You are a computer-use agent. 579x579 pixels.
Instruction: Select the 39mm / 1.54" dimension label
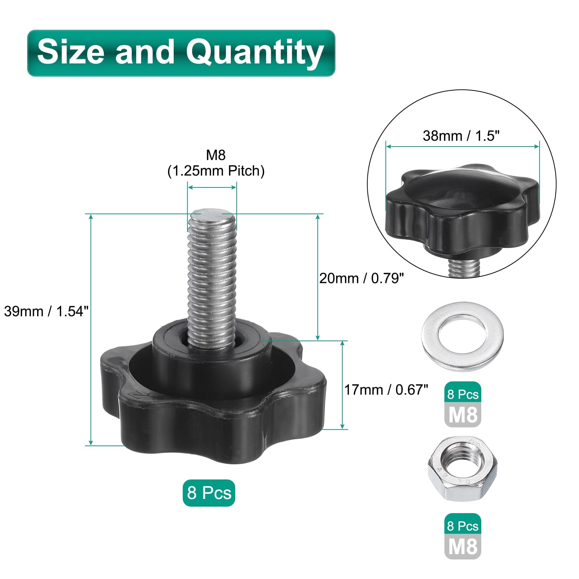coord(46,311)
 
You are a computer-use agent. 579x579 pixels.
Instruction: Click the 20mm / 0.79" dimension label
coord(361,278)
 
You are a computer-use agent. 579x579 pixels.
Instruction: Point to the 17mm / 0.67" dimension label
coord(386,390)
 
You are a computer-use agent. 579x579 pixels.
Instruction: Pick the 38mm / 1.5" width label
coord(461,136)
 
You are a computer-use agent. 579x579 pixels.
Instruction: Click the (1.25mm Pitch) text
coord(216,171)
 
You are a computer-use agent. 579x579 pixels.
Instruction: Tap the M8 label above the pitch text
coord(216,155)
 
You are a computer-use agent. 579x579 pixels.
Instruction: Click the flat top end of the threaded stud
coord(212,214)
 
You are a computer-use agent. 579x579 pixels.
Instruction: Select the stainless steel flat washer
coord(462,337)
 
